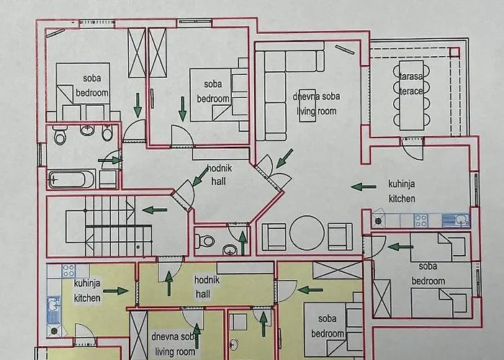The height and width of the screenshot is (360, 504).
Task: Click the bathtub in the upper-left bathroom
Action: (71, 178)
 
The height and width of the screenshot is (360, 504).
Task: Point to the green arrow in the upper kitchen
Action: (364, 187)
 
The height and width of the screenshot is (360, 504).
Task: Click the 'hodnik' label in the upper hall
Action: (217, 170)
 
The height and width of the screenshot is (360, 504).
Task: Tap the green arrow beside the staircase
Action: (155, 210)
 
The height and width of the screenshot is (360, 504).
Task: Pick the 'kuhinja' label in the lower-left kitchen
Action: (87, 284)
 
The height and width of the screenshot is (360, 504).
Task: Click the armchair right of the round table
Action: (341, 235)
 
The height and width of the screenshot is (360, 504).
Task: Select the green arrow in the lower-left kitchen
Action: (115, 291)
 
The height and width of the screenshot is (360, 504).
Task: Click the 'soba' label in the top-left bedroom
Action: (91, 78)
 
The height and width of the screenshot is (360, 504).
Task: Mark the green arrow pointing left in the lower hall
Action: (310, 290)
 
